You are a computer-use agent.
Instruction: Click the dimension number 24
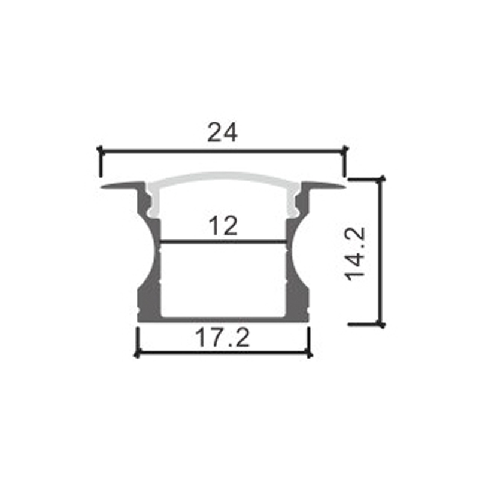pyautogui.click(x=223, y=132)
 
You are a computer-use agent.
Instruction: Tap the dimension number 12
pyautogui.click(x=223, y=226)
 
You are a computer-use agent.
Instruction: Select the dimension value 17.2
pyautogui.click(x=223, y=339)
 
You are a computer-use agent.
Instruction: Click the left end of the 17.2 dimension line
pyautogui.click(x=138, y=353)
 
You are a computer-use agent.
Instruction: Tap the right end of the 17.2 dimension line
pyautogui.click(x=310, y=353)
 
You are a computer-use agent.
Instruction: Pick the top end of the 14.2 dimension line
pyautogui.click(x=380, y=178)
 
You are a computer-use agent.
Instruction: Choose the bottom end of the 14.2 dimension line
pyautogui.click(x=380, y=324)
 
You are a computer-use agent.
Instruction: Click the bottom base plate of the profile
pyautogui.click(x=223, y=319)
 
